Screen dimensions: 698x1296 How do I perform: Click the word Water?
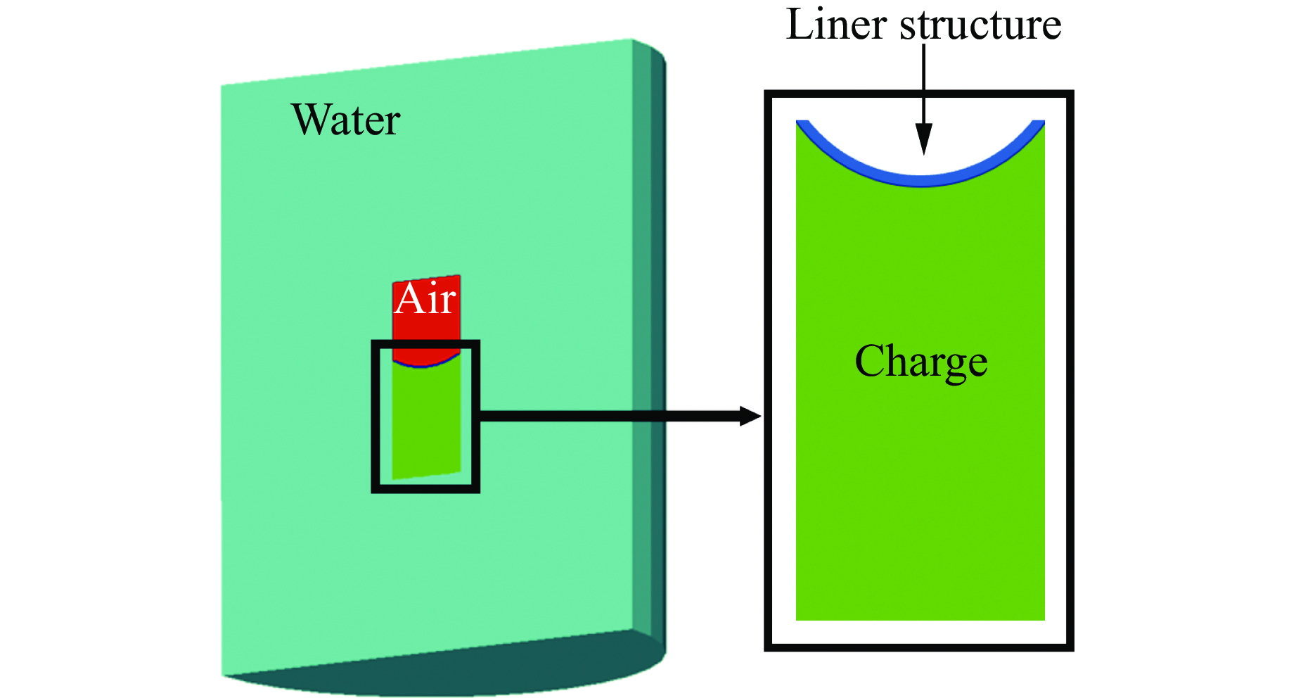coord(345,120)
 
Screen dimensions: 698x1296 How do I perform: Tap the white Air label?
coord(425,300)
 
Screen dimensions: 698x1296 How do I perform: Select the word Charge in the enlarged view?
coord(920,362)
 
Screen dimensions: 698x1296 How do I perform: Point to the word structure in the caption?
coord(980,25)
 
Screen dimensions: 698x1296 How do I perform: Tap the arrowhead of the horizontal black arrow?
coord(751,416)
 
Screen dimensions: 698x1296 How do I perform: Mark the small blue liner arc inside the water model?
coord(424,365)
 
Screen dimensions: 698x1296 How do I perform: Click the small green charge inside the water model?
coord(426,422)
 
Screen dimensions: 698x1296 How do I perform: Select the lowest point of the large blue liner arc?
coord(920,182)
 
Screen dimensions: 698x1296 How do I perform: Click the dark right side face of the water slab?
coord(650,338)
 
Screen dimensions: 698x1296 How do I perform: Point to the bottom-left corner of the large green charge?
coord(797,618)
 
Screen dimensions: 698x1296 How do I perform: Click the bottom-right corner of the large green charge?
coord(1044,618)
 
